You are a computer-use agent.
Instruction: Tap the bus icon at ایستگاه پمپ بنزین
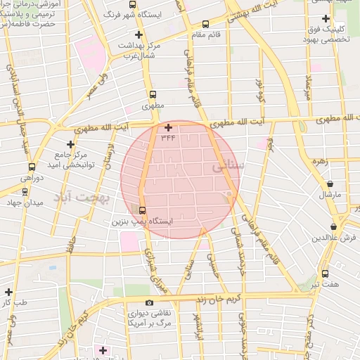(x=143, y=210)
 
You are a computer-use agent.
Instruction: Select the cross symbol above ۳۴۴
(x=168, y=127)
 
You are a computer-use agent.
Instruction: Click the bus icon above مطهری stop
(x=153, y=94)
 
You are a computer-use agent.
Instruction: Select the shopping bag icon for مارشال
(x=326, y=181)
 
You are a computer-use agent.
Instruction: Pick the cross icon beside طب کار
(x=8, y=291)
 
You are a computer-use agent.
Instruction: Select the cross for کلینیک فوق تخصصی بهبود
(x=325, y=18)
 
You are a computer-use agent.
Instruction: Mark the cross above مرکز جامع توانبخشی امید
(x=70, y=143)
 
